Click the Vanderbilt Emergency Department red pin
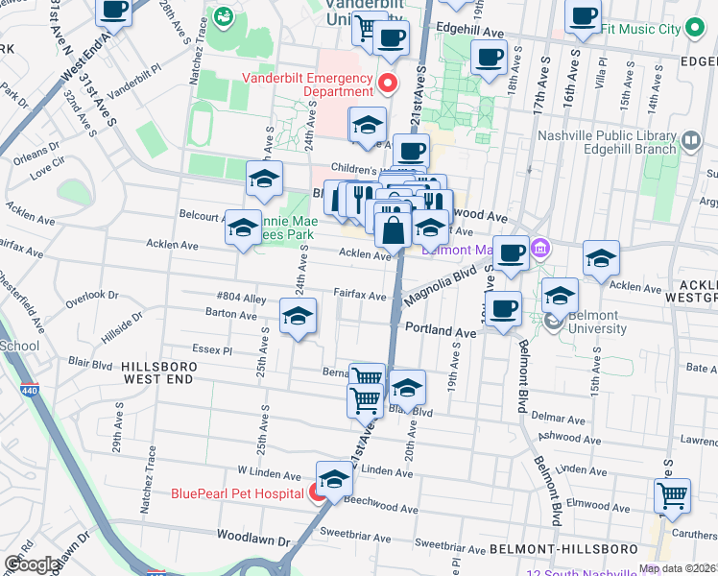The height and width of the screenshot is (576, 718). [x=388, y=84]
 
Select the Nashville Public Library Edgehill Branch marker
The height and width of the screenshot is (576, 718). [x=690, y=143]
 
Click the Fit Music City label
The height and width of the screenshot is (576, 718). [x=654, y=29]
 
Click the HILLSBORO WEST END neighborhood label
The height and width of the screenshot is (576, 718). [x=159, y=374]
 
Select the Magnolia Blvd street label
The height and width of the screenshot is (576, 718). [x=441, y=286]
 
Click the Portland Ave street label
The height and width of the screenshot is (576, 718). [x=441, y=330]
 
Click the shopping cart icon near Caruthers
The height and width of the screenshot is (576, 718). [x=672, y=494]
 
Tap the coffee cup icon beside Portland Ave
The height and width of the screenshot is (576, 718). [x=503, y=308]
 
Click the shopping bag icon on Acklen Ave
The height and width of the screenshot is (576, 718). [x=394, y=230]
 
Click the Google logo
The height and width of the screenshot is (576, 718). [x=32, y=564]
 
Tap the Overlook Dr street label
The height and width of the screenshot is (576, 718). [x=92, y=297]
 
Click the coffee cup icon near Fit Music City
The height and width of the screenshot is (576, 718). [x=583, y=14]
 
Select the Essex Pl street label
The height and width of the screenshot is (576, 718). [x=214, y=350]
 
